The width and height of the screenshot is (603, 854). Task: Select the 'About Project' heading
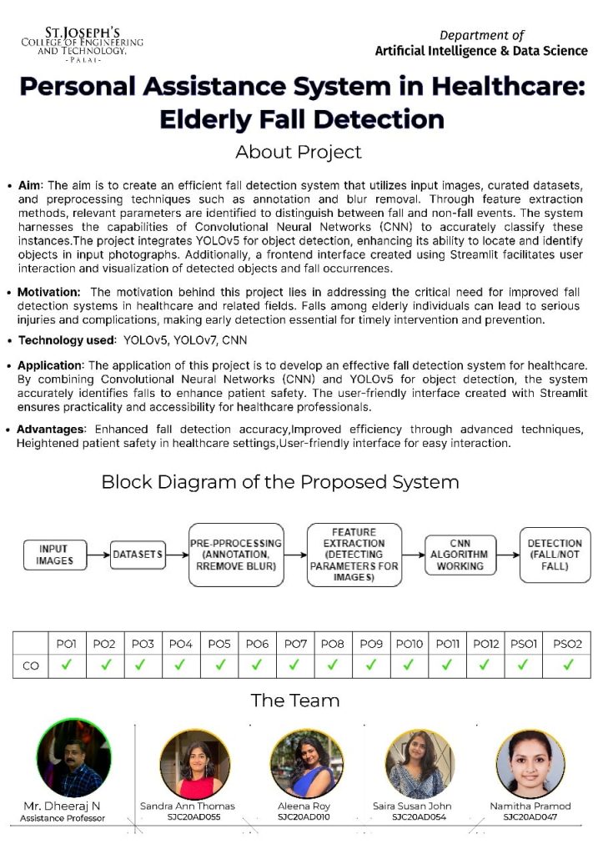(299, 152)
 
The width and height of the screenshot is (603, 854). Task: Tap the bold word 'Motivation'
(49, 292)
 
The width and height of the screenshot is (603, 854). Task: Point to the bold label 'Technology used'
(66, 340)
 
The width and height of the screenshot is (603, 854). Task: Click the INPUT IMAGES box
(54, 555)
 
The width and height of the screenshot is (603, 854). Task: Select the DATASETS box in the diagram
(138, 555)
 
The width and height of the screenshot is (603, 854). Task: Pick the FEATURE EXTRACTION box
(354, 555)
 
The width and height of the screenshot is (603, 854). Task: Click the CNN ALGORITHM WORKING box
(460, 555)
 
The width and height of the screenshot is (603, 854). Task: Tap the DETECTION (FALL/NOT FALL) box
(555, 555)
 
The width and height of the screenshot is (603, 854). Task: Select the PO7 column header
(295, 644)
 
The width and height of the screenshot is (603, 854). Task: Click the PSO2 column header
(567, 644)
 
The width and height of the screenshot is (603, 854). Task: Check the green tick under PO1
(67, 666)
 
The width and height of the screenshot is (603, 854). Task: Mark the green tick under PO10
(410, 666)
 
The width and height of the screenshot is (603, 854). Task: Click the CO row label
(30, 666)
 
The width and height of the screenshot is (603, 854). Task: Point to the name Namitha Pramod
(530, 806)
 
